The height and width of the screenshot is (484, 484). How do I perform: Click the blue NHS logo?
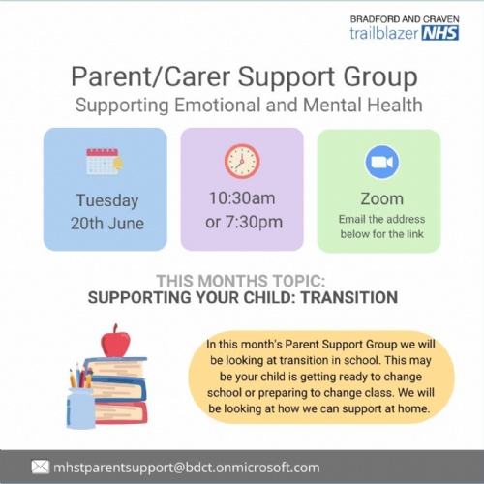point(440,33)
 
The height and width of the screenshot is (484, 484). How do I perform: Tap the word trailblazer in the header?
point(384,33)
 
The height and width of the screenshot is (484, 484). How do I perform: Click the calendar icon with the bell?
point(105,162)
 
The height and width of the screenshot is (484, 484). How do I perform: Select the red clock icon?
point(242,161)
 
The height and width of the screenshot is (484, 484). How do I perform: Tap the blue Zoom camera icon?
point(382,162)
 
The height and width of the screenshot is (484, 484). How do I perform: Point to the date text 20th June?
point(107,224)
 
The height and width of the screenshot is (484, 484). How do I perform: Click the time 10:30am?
point(242,198)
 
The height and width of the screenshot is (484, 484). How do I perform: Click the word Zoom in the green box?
point(382,198)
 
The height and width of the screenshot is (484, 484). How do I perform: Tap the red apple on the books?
point(115,341)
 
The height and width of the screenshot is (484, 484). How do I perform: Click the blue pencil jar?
point(80,408)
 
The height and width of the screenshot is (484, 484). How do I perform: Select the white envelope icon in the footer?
point(41,467)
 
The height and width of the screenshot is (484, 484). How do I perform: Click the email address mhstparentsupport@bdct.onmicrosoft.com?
point(186,468)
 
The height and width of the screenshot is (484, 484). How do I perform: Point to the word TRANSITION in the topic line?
point(349,297)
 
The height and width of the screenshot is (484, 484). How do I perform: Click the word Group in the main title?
point(380,77)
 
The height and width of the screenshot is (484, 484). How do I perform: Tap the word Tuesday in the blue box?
point(107,200)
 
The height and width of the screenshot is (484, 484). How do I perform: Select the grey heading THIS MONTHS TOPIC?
point(241,281)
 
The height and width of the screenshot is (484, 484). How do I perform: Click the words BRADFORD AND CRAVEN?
point(405,19)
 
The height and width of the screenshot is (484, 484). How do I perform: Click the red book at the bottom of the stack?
point(121,413)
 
